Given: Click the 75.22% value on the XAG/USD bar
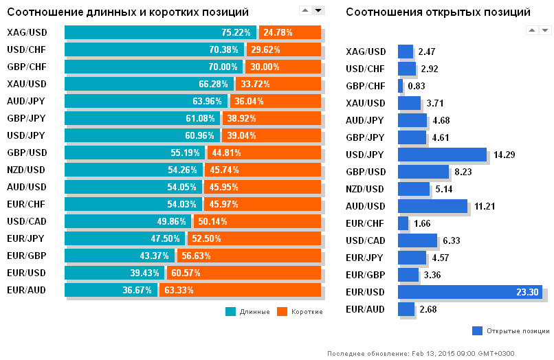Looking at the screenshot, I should click(236, 32).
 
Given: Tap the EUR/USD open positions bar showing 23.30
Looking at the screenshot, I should click(469, 292).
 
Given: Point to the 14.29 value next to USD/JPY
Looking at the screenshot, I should click(505, 155).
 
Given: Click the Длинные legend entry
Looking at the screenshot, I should click(249, 311).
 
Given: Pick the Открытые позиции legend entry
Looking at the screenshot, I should click(511, 330).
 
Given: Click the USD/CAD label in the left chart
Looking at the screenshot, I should click(26, 221).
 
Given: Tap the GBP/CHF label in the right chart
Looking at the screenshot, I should click(366, 86).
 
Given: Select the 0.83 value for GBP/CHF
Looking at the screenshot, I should click(417, 86).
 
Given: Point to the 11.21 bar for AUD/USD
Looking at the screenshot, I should click(432, 206).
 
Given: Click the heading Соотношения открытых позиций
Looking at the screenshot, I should click(438, 12).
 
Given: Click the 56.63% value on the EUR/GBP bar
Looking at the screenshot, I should click(197, 256).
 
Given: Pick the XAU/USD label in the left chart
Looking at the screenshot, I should click(26, 84).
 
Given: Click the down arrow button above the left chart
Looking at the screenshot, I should click(318, 10).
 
